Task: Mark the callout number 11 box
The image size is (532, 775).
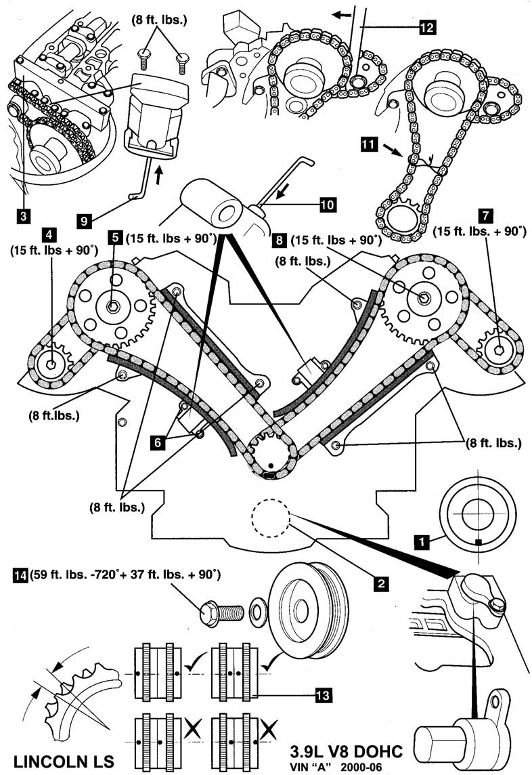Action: click(368, 144)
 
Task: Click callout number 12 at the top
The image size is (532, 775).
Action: click(426, 27)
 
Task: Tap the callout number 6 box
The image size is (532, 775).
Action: click(158, 442)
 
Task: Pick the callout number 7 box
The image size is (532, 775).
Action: click(484, 217)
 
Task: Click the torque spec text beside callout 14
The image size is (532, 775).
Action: click(127, 577)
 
